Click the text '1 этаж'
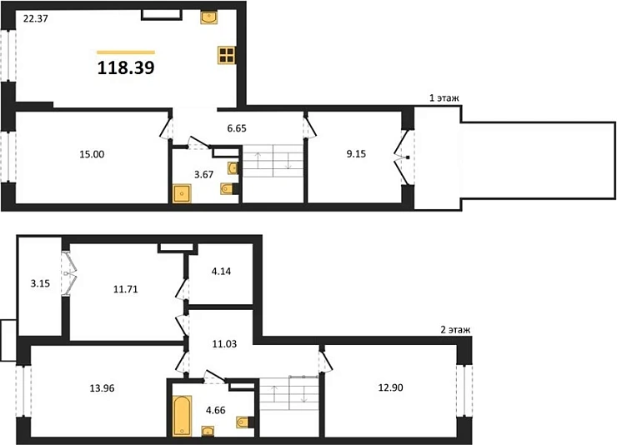click(444, 98)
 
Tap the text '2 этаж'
click(454, 330)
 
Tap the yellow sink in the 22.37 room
click(208, 17)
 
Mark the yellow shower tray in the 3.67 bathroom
click(183, 194)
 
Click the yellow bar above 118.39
click(126, 52)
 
